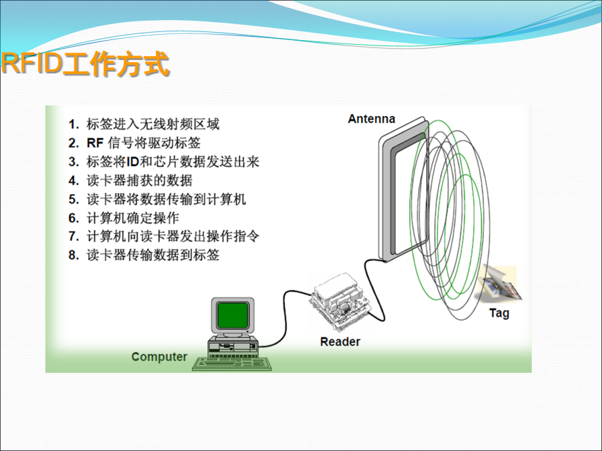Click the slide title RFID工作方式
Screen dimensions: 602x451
[85, 63]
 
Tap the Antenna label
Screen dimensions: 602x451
[371, 119]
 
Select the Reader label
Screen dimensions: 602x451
[340, 341]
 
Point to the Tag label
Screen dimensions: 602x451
[499, 313]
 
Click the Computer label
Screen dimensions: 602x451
[159, 357]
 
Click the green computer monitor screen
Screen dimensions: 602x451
[232, 315]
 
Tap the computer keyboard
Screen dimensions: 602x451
[232, 363]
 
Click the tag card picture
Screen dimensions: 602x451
[499, 284]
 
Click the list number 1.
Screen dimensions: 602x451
[74, 124]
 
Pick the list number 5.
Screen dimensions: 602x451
[74, 199]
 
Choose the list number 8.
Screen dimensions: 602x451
[74, 255]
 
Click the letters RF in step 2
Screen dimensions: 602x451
[95, 143]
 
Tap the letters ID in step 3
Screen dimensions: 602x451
[132, 162]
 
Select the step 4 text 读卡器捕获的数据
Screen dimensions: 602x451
[139, 180]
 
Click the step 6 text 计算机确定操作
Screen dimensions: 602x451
[133, 218]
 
